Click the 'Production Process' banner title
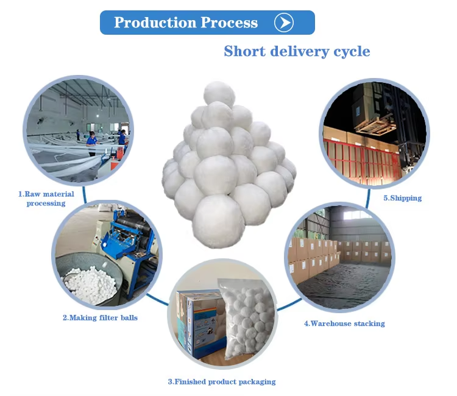pyautogui.click(x=186, y=23)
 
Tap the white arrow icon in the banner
pyautogui.click(x=284, y=23)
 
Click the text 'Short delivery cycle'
pyautogui.click(x=297, y=51)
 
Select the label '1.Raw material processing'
pyautogui.click(x=46, y=199)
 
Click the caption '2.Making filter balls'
pyautogui.click(x=100, y=317)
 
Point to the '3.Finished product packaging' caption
pyautogui.click(x=222, y=381)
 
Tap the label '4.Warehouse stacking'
pyautogui.click(x=344, y=324)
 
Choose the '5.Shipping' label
pyautogui.click(x=402, y=198)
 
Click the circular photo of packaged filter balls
pyautogui.click(x=222, y=314)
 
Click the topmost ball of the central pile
pyautogui.click(x=219, y=94)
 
